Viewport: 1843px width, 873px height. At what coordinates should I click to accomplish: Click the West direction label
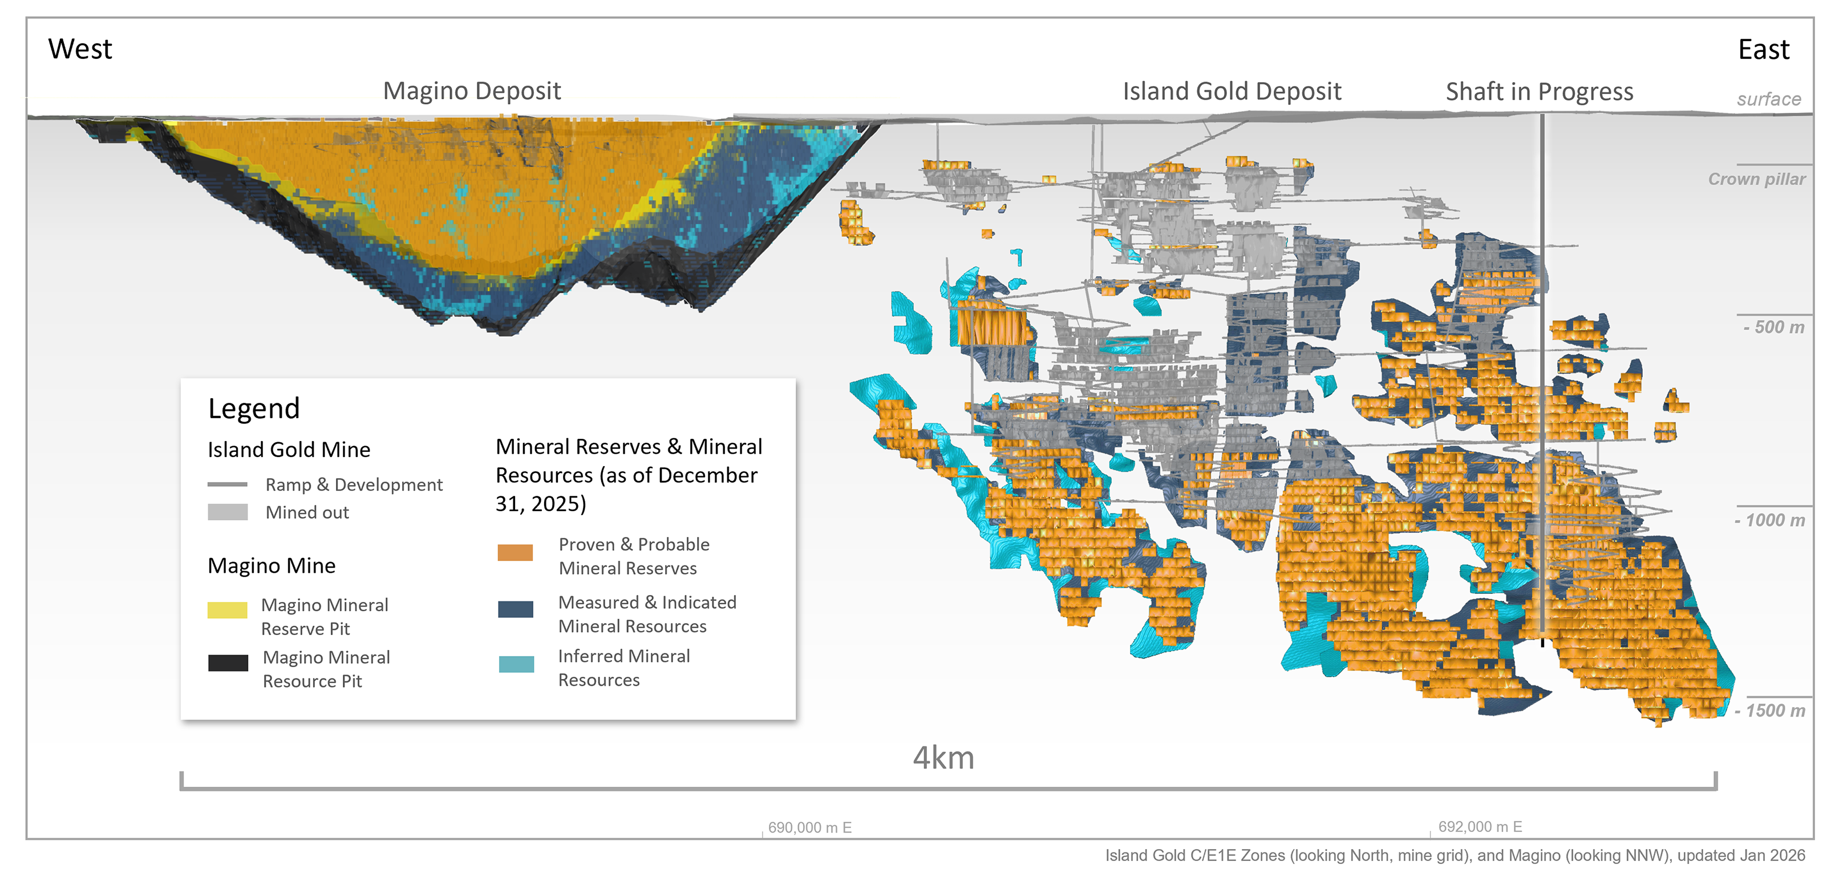(x=80, y=50)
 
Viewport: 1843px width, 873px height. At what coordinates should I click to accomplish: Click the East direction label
(x=1763, y=50)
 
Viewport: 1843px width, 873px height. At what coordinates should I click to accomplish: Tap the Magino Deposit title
(x=472, y=91)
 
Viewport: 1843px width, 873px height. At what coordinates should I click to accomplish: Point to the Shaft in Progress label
(x=1539, y=92)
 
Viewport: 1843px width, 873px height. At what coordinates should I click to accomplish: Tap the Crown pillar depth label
(x=1756, y=179)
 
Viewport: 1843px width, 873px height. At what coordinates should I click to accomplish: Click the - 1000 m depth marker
(x=1769, y=520)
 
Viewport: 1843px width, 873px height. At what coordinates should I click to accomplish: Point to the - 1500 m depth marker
(x=1769, y=710)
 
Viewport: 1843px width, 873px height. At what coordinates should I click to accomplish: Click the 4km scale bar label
(x=943, y=758)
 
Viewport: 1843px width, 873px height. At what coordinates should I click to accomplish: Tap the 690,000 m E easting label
(x=809, y=828)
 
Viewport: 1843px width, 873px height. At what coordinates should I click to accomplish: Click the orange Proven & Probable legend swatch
(x=515, y=552)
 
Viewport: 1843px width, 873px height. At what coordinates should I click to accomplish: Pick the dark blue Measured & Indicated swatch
(x=515, y=609)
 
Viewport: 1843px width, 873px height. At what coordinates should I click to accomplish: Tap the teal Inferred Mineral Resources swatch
(x=516, y=664)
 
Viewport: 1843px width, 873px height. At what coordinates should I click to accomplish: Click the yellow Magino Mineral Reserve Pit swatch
(x=228, y=609)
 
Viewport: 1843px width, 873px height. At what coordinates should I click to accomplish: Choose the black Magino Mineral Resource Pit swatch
(x=228, y=662)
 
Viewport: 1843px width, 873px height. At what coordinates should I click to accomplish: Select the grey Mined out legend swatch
(x=228, y=512)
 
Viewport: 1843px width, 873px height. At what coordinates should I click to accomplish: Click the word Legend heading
(x=253, y=409)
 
